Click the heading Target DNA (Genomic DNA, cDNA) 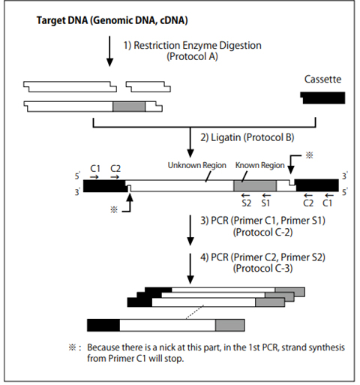point(112,20)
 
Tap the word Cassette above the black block point(322,80)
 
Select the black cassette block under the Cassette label point(322,98)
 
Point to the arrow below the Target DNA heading point(109,51)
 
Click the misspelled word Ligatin point(226,137)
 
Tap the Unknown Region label point(197,165)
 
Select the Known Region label point(260,165)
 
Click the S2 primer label point(246,203)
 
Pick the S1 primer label point(265,203)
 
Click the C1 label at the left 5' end point(95,169)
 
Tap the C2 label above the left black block point(115,169)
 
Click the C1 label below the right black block point(328,203)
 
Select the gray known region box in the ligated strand point(255,186)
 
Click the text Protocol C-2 point(263,233)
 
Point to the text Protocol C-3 point(263,269)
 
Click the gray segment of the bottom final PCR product point(230,325)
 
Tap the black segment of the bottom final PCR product point(103,325)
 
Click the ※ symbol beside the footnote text point(72,347)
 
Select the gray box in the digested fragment point(129,107)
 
